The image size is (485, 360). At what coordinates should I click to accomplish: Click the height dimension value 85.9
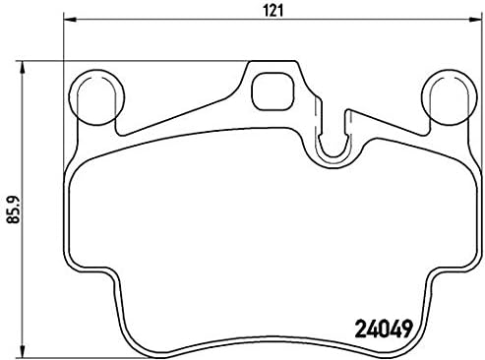tap(12, 206)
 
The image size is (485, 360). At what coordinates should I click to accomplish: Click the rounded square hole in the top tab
tap(268, 91)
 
